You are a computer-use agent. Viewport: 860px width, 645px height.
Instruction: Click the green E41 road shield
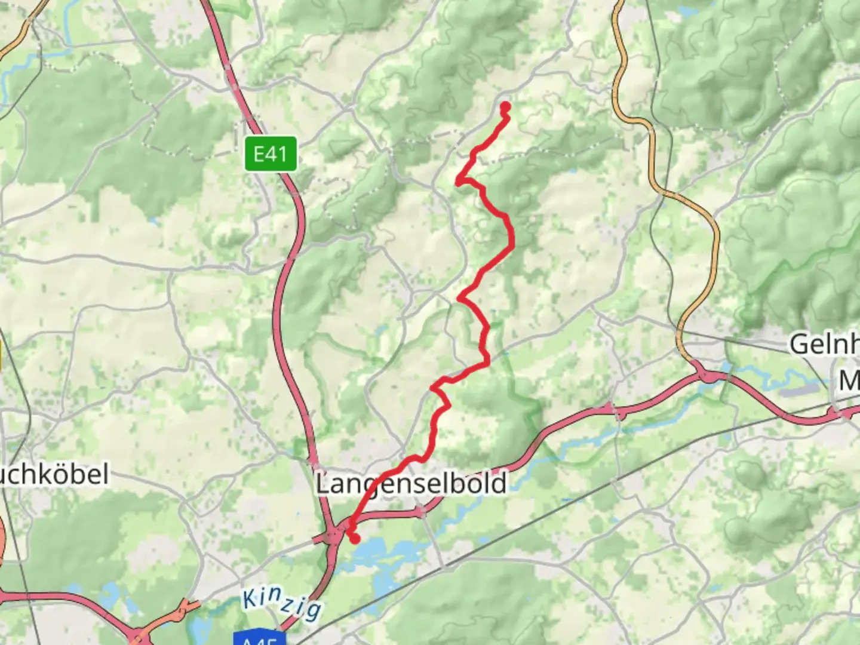coord(270,154)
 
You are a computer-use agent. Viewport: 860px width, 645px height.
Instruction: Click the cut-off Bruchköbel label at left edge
coord(54,475)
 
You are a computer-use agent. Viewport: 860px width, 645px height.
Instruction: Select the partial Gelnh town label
coord(824,345)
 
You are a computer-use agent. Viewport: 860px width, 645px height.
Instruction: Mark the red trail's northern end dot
coord(505,107)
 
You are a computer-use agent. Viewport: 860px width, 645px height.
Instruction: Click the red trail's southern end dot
coord(355,539)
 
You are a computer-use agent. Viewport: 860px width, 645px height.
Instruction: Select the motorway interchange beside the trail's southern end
coord(332,536)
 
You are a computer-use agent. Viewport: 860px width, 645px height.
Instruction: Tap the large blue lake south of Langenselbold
coord(382,552)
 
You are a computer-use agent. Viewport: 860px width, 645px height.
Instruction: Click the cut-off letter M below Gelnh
coord(849,380)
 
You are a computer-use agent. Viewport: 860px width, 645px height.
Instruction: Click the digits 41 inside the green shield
coord(278,154)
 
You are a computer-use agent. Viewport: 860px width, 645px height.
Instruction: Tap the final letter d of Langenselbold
coord(499,483)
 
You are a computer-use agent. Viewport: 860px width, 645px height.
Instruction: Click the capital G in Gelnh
coord(800,345)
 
